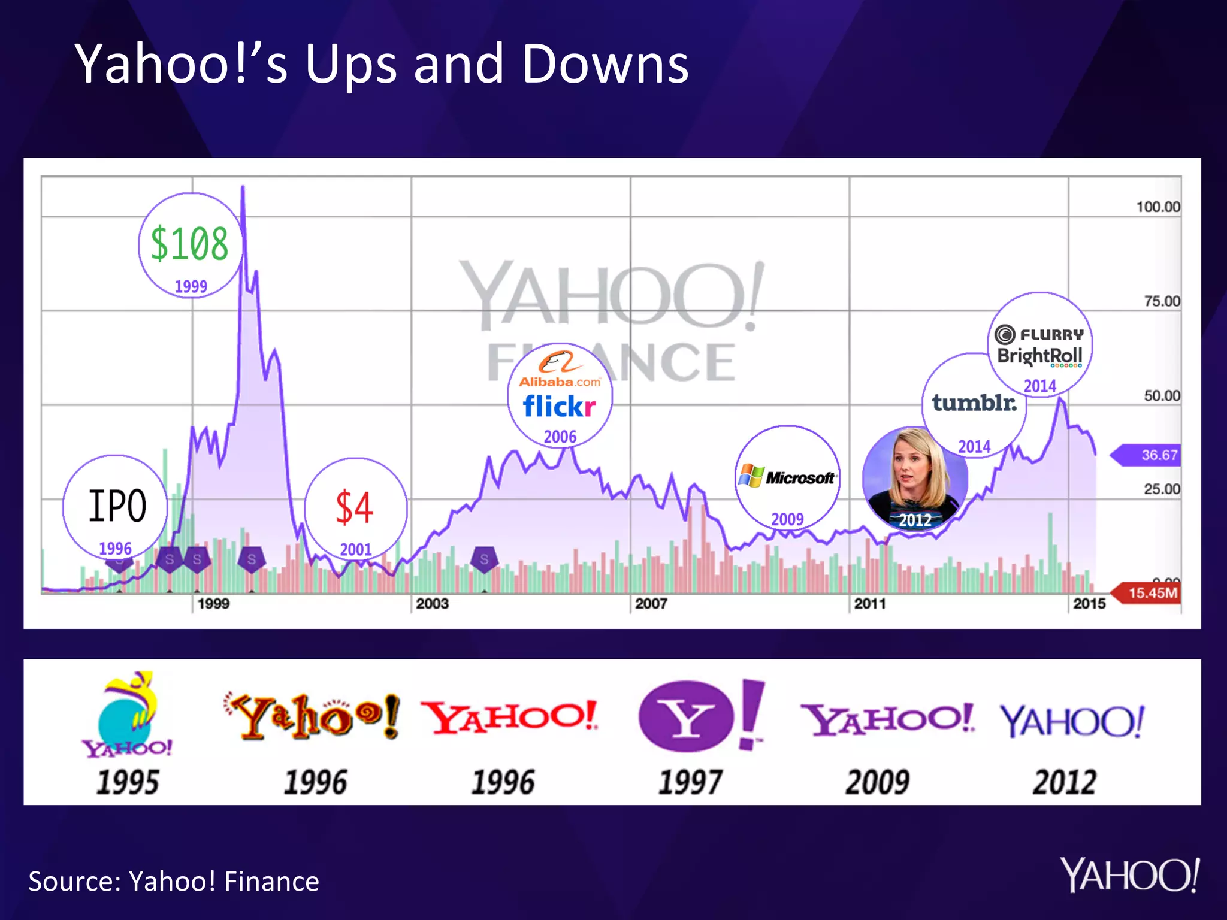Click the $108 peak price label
189,244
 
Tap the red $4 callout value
354,507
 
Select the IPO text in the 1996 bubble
117,506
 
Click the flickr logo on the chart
559,407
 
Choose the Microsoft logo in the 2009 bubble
787,477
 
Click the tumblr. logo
974,402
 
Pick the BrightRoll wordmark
1039,356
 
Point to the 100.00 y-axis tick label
1158,207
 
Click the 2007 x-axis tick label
651,604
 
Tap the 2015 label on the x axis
1089,604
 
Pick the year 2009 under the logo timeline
877,782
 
